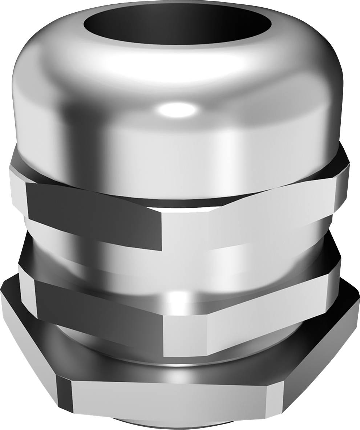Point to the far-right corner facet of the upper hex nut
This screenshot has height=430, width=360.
(x=341, y=189)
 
